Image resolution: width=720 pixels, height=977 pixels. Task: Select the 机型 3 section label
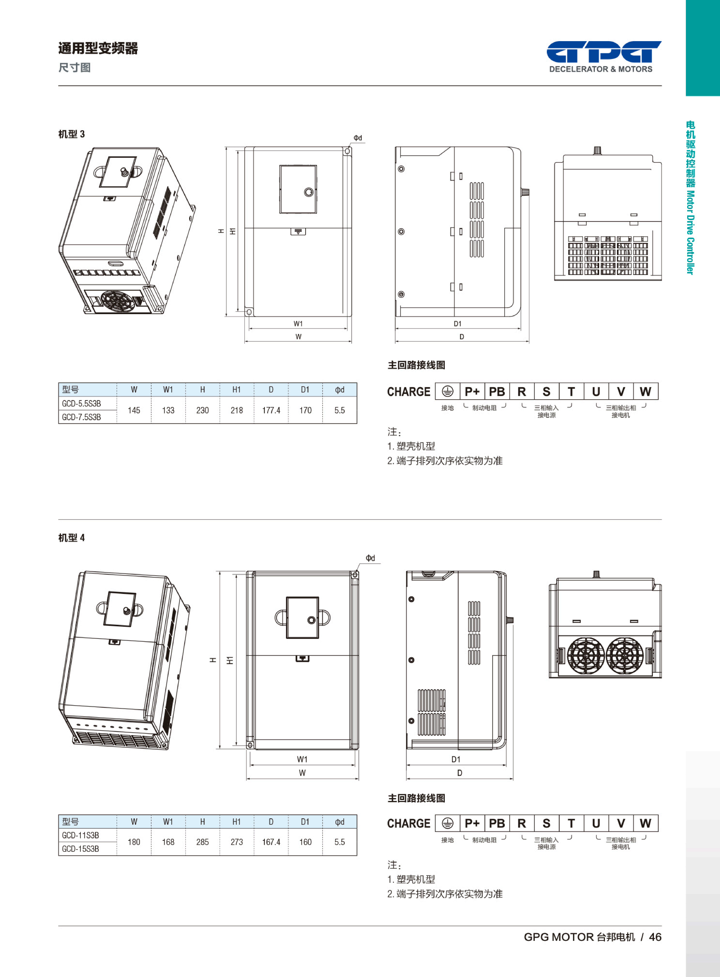tap(72, 134)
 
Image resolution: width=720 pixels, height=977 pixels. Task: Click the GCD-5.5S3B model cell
tap(82, 404)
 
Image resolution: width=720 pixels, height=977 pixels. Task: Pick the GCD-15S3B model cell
tap(81, 849)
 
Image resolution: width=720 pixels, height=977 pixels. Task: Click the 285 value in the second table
tap(202, 842)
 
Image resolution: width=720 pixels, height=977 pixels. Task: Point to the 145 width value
tap(134, 410)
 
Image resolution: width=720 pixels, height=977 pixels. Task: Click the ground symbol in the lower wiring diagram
tap(447, 823)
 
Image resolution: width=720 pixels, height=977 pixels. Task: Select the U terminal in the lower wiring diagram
tap(596, 823)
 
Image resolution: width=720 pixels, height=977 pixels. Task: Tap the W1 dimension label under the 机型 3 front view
tap(298, 324)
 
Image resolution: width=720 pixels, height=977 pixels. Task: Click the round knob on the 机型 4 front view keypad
tap(311, 620)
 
